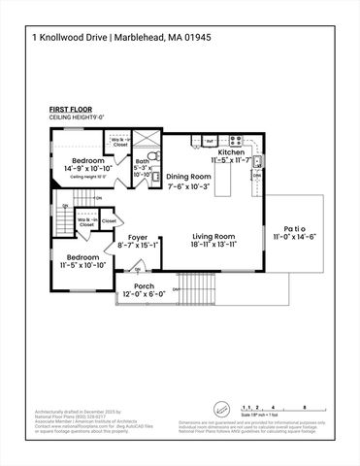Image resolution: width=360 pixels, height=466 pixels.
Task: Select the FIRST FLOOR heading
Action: [69, 111]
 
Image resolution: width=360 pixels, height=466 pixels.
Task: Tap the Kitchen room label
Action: [231, 153]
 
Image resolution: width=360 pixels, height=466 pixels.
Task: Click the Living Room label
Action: [213, 236]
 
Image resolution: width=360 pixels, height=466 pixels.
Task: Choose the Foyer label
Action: [138, 237]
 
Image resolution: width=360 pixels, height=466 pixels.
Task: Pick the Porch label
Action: [144, 286]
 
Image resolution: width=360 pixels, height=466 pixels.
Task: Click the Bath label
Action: [143, 162]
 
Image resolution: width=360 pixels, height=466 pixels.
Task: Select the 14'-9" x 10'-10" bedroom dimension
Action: [76, 169]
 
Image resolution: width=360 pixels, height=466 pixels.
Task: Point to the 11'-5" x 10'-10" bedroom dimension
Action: [82, 264]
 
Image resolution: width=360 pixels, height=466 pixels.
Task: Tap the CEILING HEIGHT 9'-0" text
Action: [74, 117]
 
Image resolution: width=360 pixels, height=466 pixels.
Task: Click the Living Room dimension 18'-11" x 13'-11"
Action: [213, 246]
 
